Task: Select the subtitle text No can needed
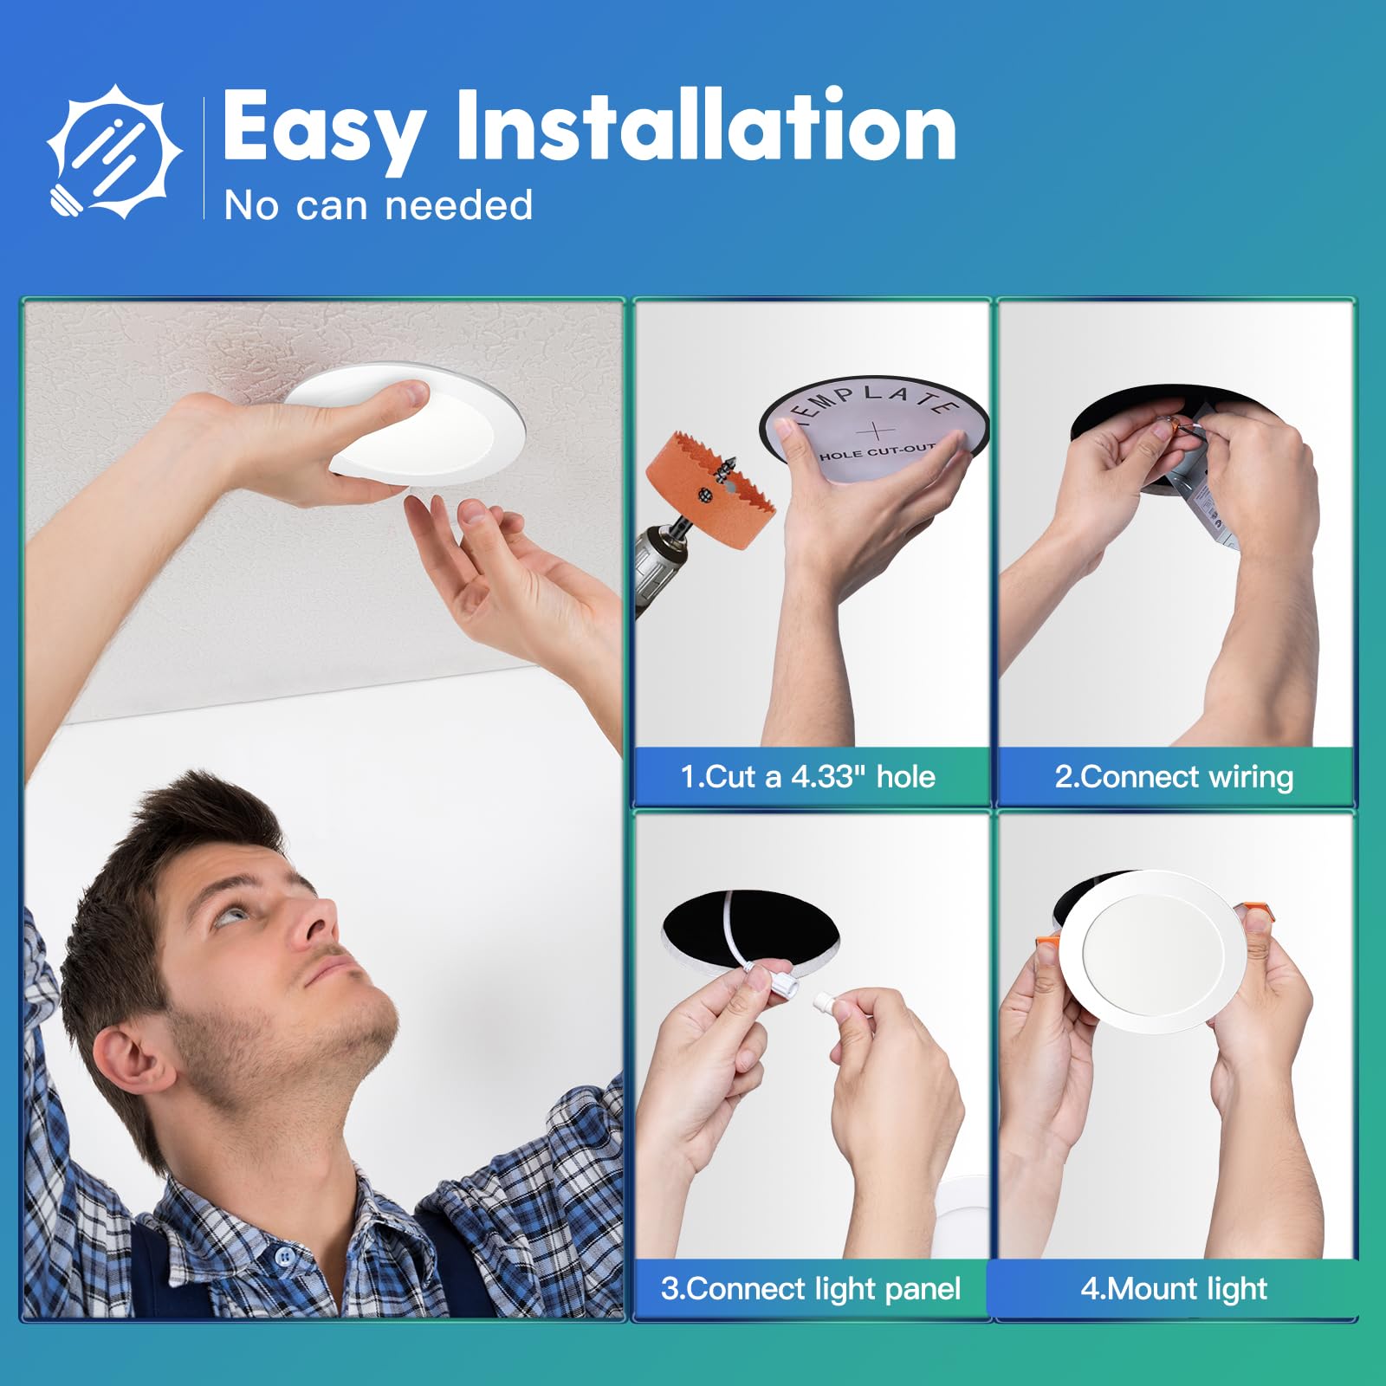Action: tap(378, 206)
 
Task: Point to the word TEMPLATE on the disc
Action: tap(875, 400)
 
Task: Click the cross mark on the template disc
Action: tap(876, 430)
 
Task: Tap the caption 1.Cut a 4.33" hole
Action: tap(807, 776)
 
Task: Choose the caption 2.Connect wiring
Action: tap(1174, 776)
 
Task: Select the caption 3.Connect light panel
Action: tap(811, 1288)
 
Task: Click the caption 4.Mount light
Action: tap(1174, 1288)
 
